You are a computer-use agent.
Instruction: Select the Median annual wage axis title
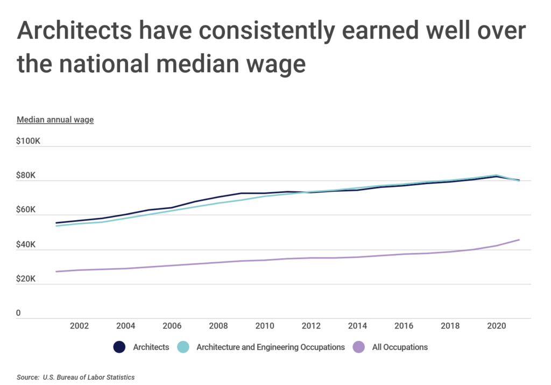[x=55, y=120]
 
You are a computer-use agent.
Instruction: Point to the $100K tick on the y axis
[x=29, y=141]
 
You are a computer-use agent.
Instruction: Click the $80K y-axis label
[x=26, y=176]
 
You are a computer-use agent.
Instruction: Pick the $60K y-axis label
[x=26, y=210]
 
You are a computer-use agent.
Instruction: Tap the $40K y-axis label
[x=26, y=244]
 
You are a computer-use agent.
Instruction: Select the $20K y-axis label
[x=26, y=279]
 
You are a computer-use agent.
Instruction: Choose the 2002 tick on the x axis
[x=79, y=326]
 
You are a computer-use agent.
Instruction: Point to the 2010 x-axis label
[x=264, y=326]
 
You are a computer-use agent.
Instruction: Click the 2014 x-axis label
[x=357, y=326]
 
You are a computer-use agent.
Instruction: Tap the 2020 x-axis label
[x=496, y=326]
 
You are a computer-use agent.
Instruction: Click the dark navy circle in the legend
[x=119, y=347]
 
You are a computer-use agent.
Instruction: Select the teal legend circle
[x=183, y=347]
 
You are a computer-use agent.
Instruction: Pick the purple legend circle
[x=358, y=347]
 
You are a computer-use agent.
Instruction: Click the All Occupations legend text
[x=400, y=347]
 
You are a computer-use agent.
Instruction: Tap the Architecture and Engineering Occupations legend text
[x=271, y=347]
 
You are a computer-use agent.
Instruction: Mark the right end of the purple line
[x=519, y=240]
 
